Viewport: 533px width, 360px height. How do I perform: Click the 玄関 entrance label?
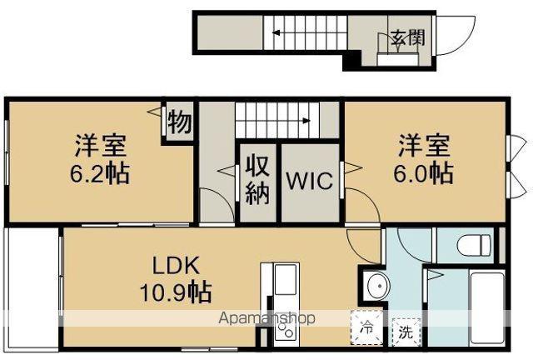[406, 38]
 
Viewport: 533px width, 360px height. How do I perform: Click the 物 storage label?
[179, 122]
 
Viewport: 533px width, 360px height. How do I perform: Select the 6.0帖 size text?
[423, 173]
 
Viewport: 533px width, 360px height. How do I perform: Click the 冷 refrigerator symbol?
[366, 328]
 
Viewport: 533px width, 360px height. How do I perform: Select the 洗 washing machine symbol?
[405, 331]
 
